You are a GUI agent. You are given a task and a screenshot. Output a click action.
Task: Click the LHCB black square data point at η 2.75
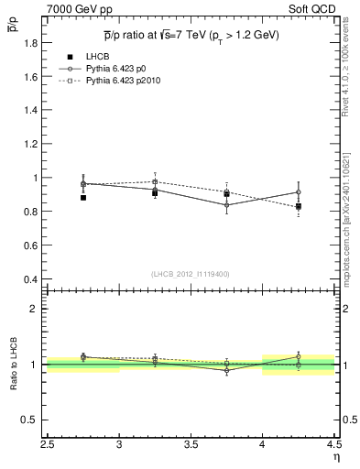83,197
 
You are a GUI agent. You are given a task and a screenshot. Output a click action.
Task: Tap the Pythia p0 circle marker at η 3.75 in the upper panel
226,205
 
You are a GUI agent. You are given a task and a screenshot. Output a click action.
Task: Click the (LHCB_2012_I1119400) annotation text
191,274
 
